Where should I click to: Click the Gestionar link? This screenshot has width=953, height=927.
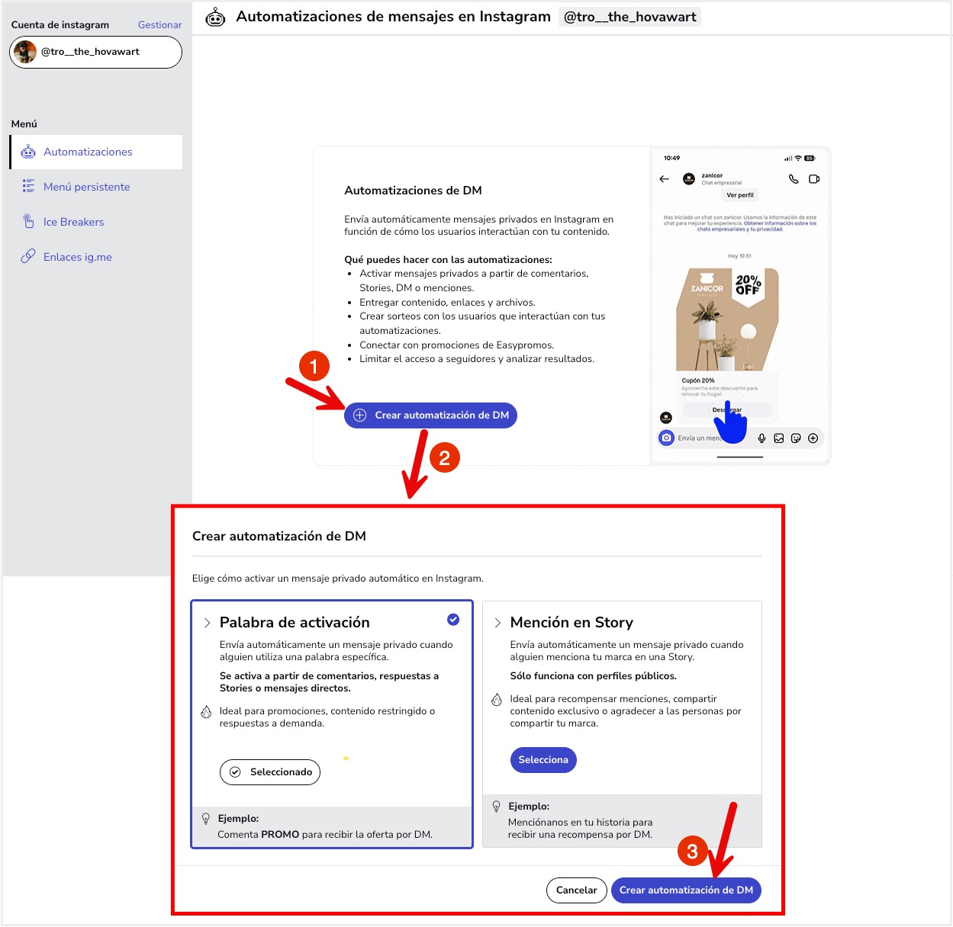pos(159,25)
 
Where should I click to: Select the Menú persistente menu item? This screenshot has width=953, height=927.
pos(86,187)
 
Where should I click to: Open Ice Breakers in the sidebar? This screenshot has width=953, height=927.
pos(73,222)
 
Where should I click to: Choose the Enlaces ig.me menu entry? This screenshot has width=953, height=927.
pos(77,257)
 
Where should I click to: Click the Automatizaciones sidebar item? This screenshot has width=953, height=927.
pos(88,152)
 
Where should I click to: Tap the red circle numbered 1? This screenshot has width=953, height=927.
pos(314,367)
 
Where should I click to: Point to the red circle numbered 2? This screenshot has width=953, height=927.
pos(445,458)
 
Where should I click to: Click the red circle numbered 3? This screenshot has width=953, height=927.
pos(692,852)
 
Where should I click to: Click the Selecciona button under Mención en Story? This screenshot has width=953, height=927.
pos(543,760)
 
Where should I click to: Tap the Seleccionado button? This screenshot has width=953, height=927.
pos(270,772)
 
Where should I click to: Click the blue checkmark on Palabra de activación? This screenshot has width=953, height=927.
pos(453,620)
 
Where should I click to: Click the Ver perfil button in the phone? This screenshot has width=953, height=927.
pos(740,195)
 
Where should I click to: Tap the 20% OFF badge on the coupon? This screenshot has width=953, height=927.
pos(748,285)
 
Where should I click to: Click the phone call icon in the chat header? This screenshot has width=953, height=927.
pos(794,179)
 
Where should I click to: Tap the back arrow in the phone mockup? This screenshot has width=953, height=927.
pos(665,179)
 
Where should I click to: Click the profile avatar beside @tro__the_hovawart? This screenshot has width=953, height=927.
pos(25,52)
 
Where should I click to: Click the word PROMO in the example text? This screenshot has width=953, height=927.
pos(280,835)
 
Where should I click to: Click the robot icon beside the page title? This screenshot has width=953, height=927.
pos(216,17)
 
